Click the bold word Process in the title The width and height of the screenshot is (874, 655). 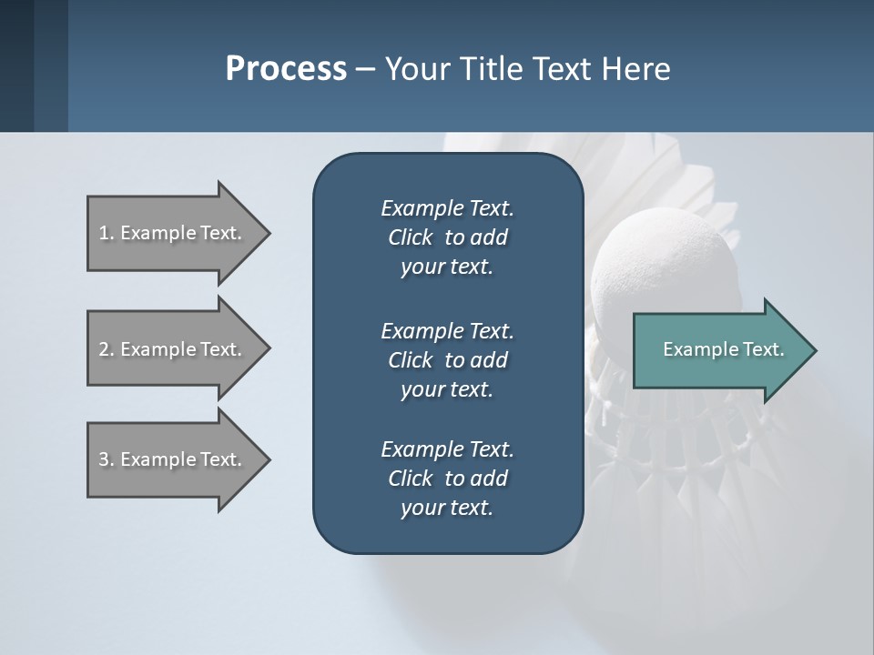click(286, 69)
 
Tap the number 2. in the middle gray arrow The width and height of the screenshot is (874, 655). click(106, 349)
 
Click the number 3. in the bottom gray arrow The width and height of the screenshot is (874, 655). click(106, 459)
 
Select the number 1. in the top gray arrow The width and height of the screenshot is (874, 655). click(106, 233)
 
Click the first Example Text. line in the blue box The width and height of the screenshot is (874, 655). click(447, 208)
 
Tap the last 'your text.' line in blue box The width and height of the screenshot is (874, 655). click(447, 508)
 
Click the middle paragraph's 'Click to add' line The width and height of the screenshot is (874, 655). click(447, 360)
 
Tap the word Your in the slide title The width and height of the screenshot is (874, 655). click(414, 69)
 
